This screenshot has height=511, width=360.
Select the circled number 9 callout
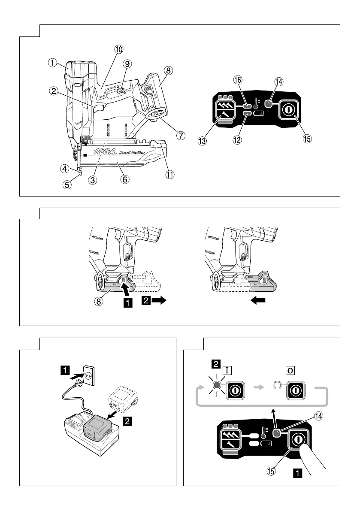[127, 63]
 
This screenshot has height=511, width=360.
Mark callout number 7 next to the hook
[181, 135]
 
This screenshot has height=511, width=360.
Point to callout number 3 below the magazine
[93, 180]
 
